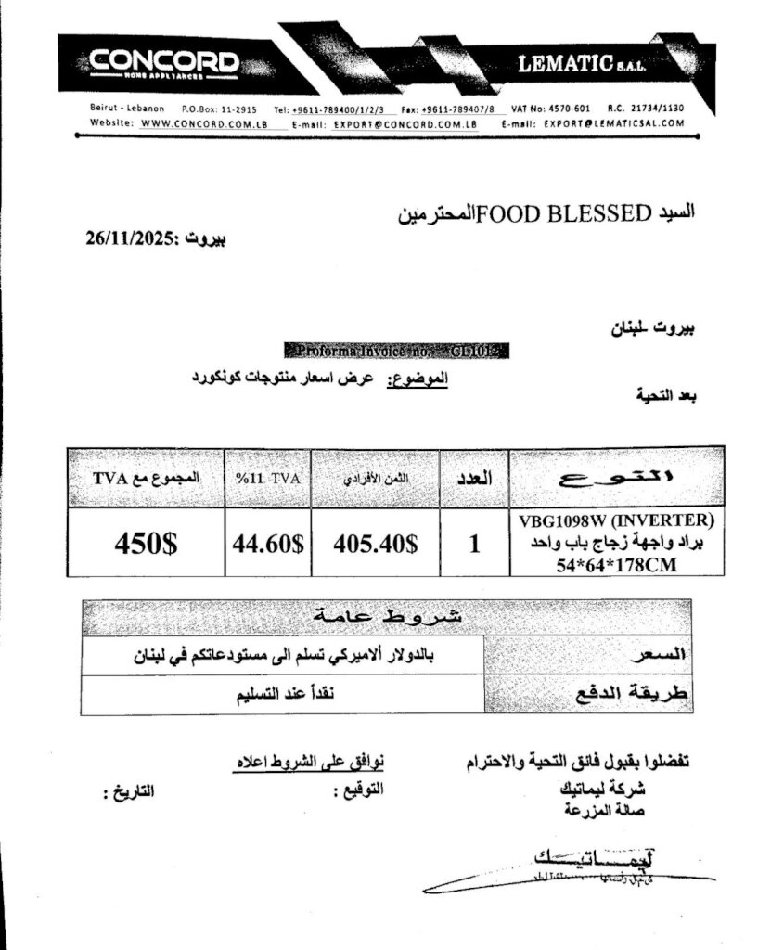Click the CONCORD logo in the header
pyautogui.click(x=164, y=62)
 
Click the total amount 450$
pyautogui.click(x=146, y=544)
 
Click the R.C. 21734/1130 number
pyautogui.click(x=646, y=109)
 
